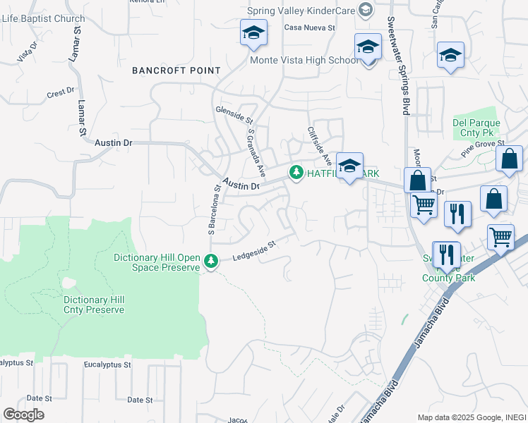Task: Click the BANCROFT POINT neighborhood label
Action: [176, 71]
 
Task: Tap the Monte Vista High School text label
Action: [304, 60]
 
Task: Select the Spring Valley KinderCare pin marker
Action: [365, 10]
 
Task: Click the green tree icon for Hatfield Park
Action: [296, 172]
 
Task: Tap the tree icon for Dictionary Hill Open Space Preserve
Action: [210, 262]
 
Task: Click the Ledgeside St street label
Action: [253, 252]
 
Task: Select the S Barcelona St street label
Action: [211, 209]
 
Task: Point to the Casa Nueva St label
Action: [308, 27]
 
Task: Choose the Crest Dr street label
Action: [60, 92]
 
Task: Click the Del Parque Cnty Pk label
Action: [476, 128]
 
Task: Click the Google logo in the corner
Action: [23, 415]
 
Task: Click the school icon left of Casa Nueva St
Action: [253, 32]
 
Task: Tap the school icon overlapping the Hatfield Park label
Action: [349, 166]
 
